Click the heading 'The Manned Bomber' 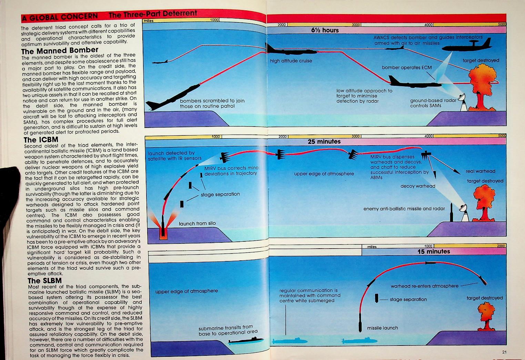[60, 50]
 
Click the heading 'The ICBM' [41, 140]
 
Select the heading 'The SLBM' [44, 280]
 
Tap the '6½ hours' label [325, 30]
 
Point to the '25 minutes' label [324, 141]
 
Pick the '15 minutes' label [434, 251]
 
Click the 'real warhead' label [480, 171]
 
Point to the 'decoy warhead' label [418, 186]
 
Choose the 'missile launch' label [382, 328]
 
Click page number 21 [505, 352]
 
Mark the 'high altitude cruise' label [291, 61]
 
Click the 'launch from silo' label [197, 223]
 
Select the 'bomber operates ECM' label [406, 68]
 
